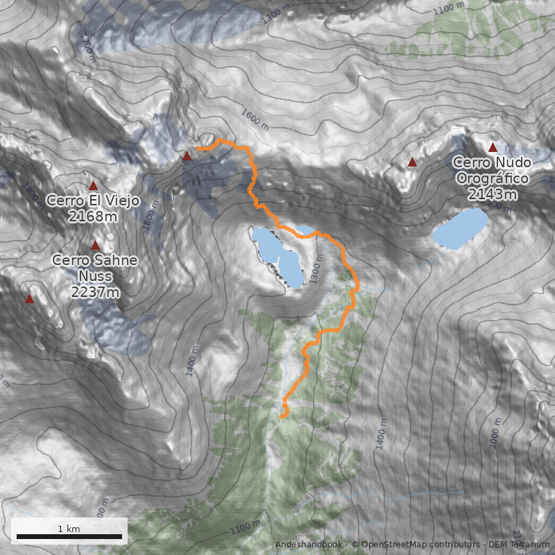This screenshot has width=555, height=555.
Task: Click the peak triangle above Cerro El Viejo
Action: point(93,185)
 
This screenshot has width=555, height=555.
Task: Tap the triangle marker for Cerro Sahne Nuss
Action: point(95,245)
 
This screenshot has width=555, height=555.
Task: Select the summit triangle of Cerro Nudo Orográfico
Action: point(493,147)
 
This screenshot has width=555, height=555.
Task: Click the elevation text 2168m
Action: point(93,216)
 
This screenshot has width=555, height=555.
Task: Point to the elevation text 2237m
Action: point(95,292)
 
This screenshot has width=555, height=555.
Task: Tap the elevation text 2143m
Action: point(492,194)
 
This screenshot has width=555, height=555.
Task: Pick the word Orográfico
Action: point(493,178)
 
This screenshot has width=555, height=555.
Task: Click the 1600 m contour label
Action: point(255,118)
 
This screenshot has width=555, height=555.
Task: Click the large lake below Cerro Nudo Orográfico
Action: point(461,228)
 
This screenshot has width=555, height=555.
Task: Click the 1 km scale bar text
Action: point(69,529)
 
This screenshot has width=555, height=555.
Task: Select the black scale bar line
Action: point(69,536)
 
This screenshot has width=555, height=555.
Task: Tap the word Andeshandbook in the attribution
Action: point(308,545)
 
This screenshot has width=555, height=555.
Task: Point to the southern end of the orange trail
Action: point(282,416)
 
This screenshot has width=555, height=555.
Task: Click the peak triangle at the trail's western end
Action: point(187,156)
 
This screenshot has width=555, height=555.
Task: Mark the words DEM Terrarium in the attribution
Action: point(520,545)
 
